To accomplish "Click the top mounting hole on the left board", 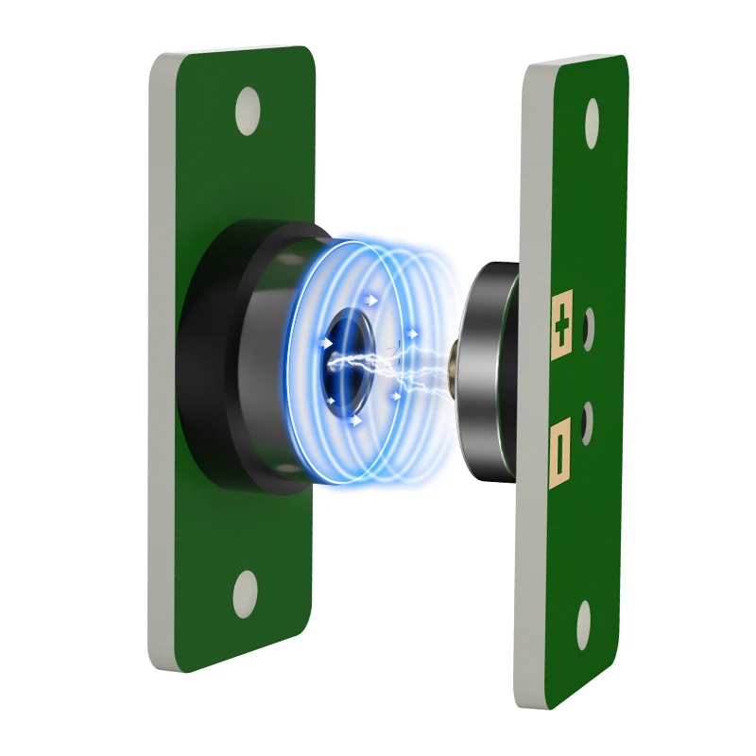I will [x=247, y=112].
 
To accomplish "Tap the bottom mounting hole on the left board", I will [x=245, y=592].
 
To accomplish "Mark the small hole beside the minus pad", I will [x=587, y=418].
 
